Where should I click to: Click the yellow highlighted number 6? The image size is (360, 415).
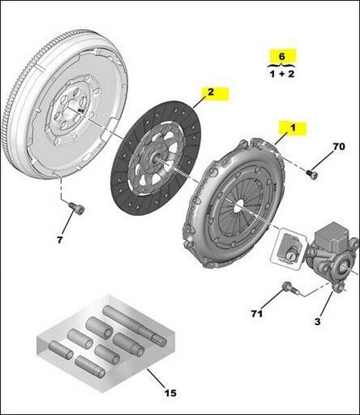point(281,55)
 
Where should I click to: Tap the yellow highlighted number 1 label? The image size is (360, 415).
point(292,127)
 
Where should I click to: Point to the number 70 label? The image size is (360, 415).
point(339,147)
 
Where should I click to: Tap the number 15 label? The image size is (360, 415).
point(170,393)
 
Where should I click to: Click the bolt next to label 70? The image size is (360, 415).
point(312,174)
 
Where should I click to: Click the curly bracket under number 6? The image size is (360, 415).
point(281,64)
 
